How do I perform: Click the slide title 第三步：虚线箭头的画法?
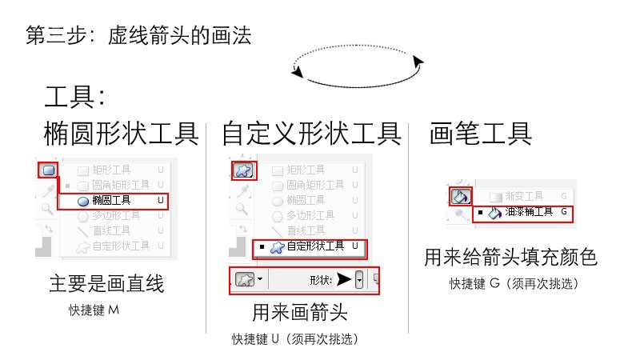138,36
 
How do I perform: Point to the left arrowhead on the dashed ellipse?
298,73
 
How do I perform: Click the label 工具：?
75,98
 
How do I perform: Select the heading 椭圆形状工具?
121,134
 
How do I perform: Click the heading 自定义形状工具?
311,134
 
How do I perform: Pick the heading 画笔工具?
481,134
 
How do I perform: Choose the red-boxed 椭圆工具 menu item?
113,201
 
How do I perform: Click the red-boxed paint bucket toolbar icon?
461,195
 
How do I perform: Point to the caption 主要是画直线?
106,284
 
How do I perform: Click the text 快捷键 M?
94,309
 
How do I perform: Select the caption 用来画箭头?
300,311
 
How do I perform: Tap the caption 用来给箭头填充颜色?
510,258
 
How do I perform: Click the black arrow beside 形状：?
343,279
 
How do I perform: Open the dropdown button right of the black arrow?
359,279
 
